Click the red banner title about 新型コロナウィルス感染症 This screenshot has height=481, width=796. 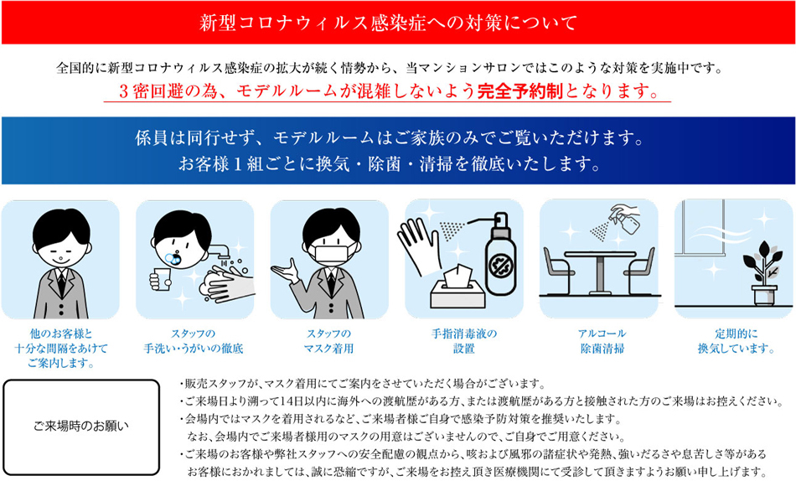click(x=388, y=23)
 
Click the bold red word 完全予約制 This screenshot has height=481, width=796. click(x=520, y=91)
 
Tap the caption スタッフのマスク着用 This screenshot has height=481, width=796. click(x=328, y=341)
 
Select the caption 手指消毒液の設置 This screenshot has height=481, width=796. click(x=463, y=341)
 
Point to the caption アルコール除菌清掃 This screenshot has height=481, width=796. click(x=602, y=341)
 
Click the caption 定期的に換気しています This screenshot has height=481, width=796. click(x=736, y=341)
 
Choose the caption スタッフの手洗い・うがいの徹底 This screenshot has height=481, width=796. click(x=194, y=341)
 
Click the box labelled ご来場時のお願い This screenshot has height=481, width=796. click(x=81, y=427)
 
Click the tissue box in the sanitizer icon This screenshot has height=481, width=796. click(x=457, y=288)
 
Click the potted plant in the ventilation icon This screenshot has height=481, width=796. click(x=763, y=274)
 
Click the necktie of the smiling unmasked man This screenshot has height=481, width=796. click(x=61, y=282)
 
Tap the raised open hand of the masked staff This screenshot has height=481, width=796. click(x=285, y=272)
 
